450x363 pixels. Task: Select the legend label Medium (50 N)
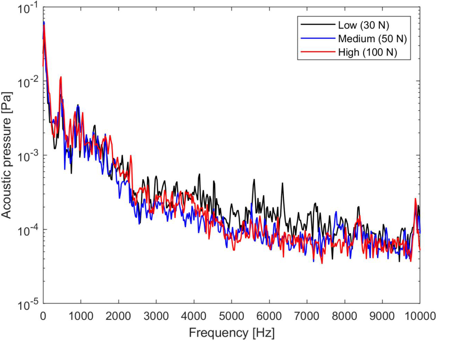point(374,38)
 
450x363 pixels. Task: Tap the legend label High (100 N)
point(367,53)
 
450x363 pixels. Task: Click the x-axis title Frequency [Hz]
point(231,333)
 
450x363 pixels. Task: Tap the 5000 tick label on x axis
point(231,316)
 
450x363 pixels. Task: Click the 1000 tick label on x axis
point(80,316)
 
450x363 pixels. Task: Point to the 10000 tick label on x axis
point(418,316)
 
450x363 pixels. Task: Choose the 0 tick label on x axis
point(43,316)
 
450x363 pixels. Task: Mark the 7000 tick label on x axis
point(307,316)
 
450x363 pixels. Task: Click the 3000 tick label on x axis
point(156,316)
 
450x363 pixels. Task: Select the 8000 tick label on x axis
point(345,316)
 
